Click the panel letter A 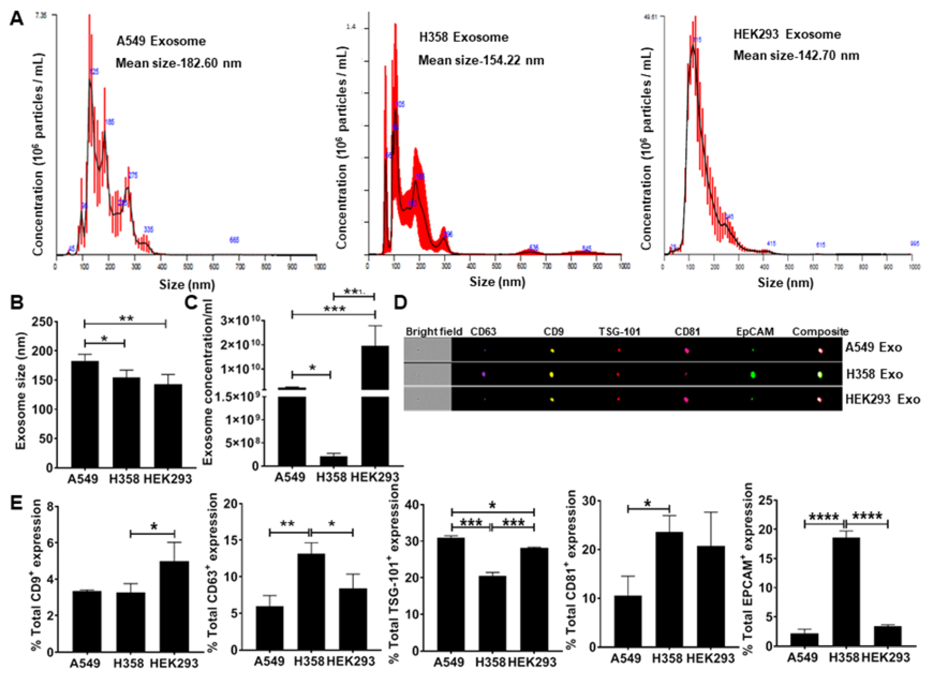click(x=16, y=18)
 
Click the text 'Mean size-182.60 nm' click(x=178, y=63)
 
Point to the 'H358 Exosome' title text click(x=463, y=37)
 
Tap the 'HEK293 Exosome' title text click(x=787, y=35)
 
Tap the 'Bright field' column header click(x=434, y=332)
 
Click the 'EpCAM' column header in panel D click(x=754, y=332)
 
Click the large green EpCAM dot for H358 click(x=753, y=374)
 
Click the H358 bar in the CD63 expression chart click(x=311, y=602)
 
